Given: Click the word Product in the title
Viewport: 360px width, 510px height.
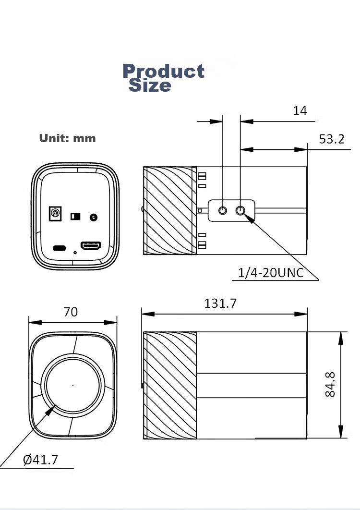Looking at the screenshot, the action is click(x=164, y=71).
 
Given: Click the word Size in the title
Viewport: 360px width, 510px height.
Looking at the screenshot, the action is click(x=150, y=85).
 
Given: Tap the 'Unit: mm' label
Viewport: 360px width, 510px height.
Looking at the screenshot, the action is click(x=67, y=138).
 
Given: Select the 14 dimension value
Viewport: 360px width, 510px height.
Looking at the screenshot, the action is click(x=300, y=111).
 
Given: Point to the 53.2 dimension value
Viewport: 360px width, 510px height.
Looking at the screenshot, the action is click(x=331, y=139).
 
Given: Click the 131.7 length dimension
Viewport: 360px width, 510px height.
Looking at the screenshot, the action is click(x=220, y=303).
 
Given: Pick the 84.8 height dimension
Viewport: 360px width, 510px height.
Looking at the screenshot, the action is click(x=330, y=385).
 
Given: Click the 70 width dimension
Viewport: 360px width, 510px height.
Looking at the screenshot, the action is click(x=71, y=312).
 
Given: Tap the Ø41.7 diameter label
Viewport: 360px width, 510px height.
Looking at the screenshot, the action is click(x=40, y=460).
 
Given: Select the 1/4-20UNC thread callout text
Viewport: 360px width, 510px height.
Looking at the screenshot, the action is click(x=271, y=273).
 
